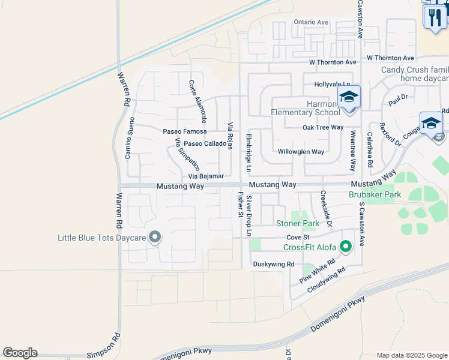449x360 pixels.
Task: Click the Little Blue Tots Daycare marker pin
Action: click(155, 238)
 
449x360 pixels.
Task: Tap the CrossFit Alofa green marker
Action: click(345, 247)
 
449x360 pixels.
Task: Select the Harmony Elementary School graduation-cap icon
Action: click(349, 97)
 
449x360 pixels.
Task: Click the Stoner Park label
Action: click(297, 224)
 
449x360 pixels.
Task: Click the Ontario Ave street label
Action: click(311, 22)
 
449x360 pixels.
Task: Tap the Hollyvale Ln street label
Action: click(332, 85)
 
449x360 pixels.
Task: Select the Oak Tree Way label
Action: click(322, 127)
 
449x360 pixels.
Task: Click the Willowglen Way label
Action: click(301, 152)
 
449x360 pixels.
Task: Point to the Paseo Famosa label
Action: click(185, 131)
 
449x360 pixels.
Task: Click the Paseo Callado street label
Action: click(205, 144)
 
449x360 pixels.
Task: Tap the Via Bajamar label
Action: click(206, 176)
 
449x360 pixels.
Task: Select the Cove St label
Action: click(297, 238)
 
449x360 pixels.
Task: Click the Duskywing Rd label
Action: click(273, 264)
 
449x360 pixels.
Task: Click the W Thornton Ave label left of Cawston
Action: click(333, 62)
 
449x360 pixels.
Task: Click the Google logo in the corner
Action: click(20, 353)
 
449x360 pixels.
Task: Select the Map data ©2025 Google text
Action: click(412, 355)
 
